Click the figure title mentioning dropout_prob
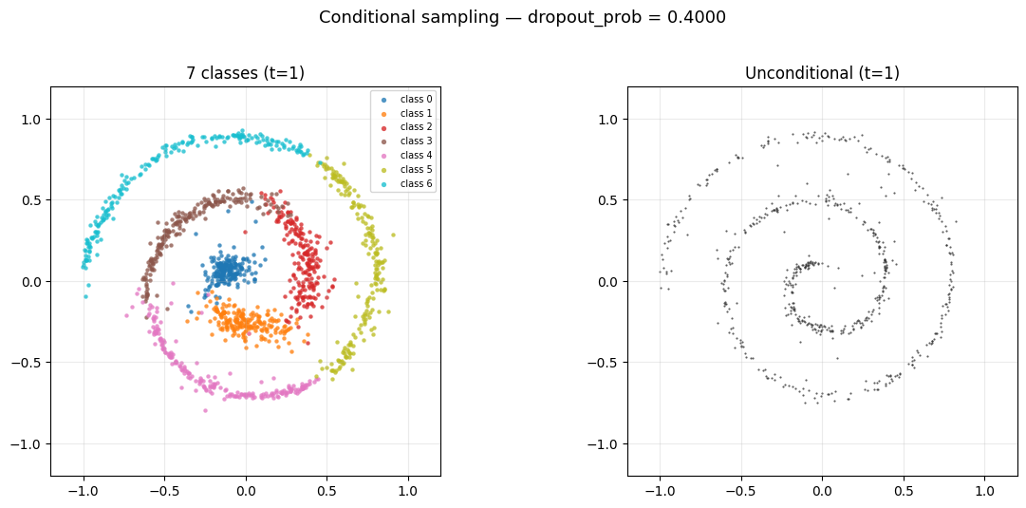coord(522,17)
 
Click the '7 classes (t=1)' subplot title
coord(245,73)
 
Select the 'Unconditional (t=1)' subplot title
coord(822,73)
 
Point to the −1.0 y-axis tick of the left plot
coord(29,444)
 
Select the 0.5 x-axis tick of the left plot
coord(326,492)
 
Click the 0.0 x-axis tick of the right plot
coord(822,492)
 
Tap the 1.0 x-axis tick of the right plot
coord(984,492)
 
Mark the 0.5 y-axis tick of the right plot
coord(610,200)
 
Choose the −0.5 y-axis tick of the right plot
coord(606,363)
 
